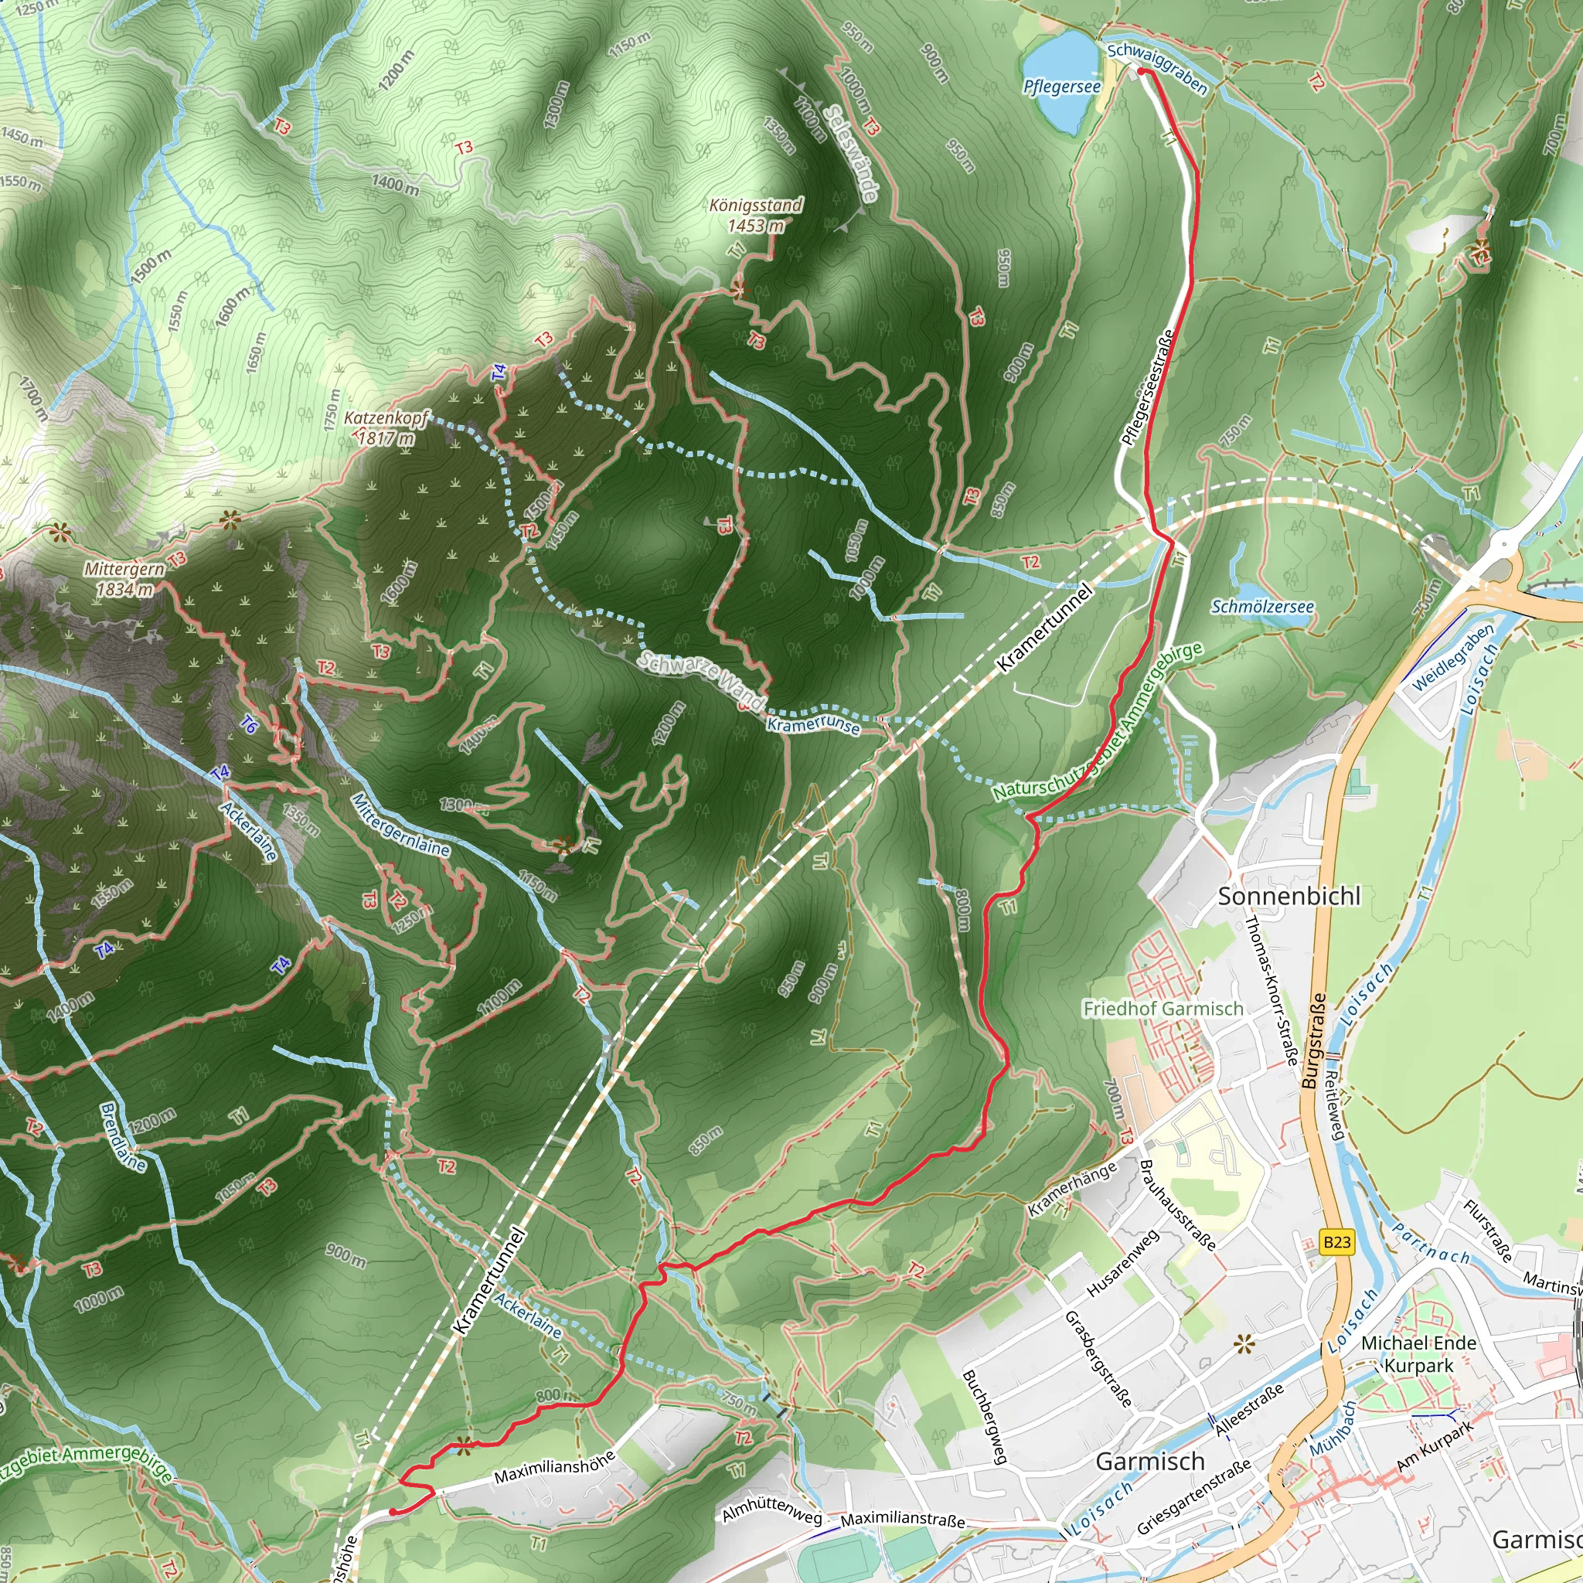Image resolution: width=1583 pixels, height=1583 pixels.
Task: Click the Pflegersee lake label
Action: click(1061, 87)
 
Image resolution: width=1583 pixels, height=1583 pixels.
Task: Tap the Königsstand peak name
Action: click(755, 205)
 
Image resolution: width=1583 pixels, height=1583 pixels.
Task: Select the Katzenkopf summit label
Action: click(385, 419)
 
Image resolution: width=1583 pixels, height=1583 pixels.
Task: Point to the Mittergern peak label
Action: click(124, 569)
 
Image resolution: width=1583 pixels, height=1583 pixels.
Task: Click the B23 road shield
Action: click(1336, 1242)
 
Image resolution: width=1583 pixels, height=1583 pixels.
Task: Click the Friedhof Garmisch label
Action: click(1163, 1009)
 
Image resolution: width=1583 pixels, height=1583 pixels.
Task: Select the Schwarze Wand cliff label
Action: click(701, 680)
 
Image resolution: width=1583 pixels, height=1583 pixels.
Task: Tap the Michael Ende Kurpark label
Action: click(1418, 1354)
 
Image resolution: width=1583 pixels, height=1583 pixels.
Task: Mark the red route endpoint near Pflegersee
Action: click(1142, 72)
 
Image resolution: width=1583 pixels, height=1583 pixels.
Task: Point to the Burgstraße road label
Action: click(1313, 1040)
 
